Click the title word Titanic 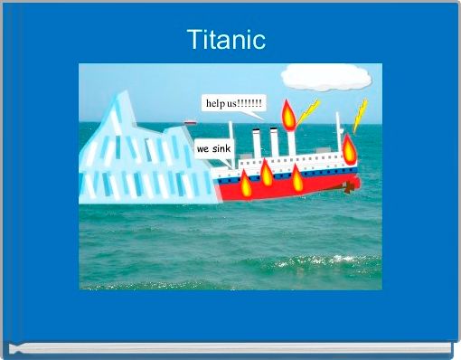(x=226, y=40)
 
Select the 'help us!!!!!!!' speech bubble (x=234, y=104)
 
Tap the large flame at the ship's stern (x=349, y=147)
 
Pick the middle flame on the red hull (x=267, y=171)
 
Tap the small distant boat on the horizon (x=190, y=122)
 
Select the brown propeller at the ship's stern (x=346, y=188)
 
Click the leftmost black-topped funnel (x=257, y=145)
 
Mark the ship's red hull (x=280, y=188)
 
